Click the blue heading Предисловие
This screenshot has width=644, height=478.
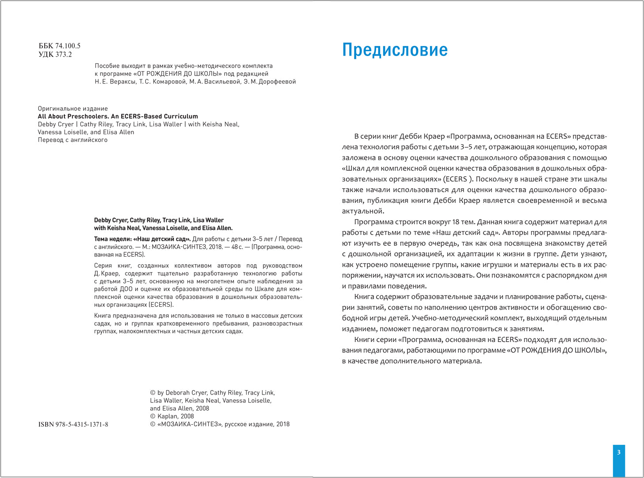(x=395, y=50)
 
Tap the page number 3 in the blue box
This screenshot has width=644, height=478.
(x=619, y=452)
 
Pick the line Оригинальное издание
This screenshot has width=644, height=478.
(x=73, y=109)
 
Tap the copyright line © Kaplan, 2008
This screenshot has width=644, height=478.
(x=172, y=416)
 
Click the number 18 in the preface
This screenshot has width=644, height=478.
(x=453, y=222)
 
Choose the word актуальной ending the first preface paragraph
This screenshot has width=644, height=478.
(x=363, y=211)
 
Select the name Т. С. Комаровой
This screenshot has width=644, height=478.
(x=163, y=82)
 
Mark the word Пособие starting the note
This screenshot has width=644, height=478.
(x=107, y=66)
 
